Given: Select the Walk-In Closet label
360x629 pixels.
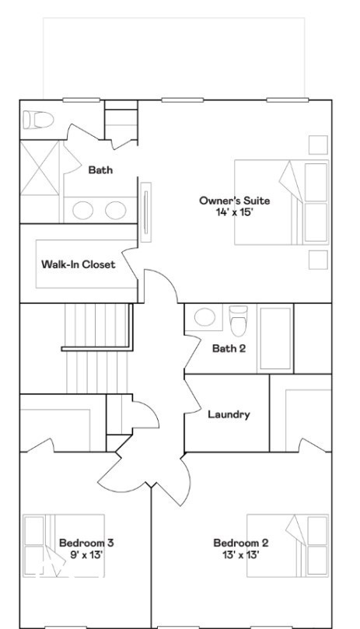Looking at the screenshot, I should (x=78, y=264).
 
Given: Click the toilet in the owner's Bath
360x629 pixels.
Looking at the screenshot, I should (x=37, y=120).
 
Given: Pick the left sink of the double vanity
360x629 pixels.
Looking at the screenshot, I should (x=84, y=209).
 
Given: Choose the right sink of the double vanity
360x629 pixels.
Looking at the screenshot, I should (x=115, y=209).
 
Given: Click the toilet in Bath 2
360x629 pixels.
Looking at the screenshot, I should (x=238, y=320).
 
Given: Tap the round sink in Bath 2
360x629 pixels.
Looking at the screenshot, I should (x=204, y=317).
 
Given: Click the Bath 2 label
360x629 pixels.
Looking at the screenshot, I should (x=229, y=348).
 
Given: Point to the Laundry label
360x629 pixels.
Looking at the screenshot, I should (x=229, y=414).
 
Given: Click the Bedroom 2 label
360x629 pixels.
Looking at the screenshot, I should (x=241, y=543).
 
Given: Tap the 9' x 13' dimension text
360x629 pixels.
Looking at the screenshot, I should (x=86, y=554).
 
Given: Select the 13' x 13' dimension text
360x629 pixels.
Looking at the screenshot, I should (x=241, y=554).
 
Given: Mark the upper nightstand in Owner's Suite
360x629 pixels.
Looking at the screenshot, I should (x=318, y=145).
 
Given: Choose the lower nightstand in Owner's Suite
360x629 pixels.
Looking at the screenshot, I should (x=318, y=260).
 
